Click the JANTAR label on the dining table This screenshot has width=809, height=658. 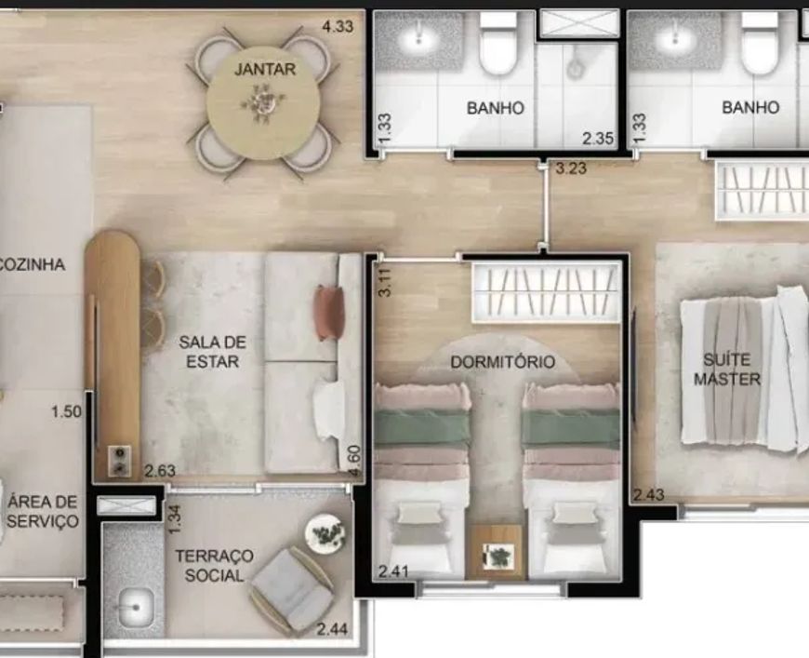pyautogui.click(x=265, y=69)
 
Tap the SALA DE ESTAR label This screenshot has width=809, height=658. pyautogui.click(x=212, y=351)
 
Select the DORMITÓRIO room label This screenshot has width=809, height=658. pyautogui.click(x=502, y=361)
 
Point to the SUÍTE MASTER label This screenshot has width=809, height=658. pyautogui.click(x=727, y=369)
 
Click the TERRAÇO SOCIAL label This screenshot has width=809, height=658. pyautogui.click(x=214, y=566)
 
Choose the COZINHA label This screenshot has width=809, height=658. pyautogui.click(x=32, y=264)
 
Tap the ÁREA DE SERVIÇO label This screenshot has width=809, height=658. pyautogui.click(x=43, y=511)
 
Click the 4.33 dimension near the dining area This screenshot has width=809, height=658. pyautogui.click(x=338, y=26)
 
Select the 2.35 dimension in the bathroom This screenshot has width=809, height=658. pyautogui.click(x=598, y=138)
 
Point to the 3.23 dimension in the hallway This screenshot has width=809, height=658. pyautogui.click(x=571, y=168)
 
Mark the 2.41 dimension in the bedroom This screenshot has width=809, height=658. pyautogui.click(x=393, y=571)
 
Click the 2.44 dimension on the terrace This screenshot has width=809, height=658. pyautogui.click(x=332, y=629)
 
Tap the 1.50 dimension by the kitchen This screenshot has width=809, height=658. pyautogui.click(x=66, y=411)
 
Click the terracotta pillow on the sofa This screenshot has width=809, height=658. pyautogui.click(x=328, y=313)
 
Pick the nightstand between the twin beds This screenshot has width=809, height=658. pyautogui.click(x=496, y=552)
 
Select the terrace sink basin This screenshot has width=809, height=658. pyautogui.click(x=136, y=607)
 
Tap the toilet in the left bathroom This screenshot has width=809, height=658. pyautogui.click(x=498, y=45)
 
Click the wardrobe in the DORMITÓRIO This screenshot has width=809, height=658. pyautogui.click(x=547, y=293)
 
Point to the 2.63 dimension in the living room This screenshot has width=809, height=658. pyautogui.click(x=160, y=471)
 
